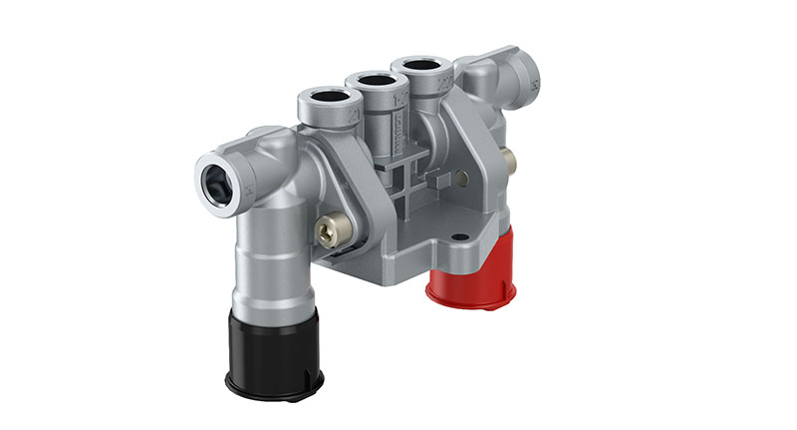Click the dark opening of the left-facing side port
pyautogui.click(x=216, y=179)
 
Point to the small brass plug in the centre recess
pyautogui.click(x=461, y=179)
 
